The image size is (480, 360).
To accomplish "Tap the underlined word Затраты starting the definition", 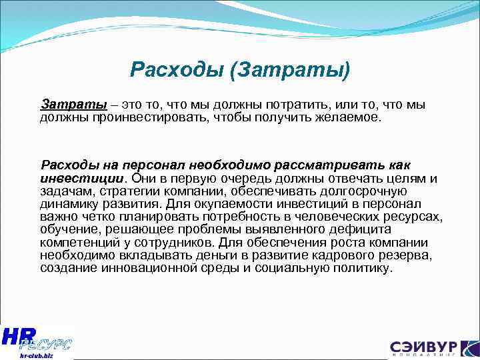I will point(73,105).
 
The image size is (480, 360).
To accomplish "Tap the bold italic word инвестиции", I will point(82,177).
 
